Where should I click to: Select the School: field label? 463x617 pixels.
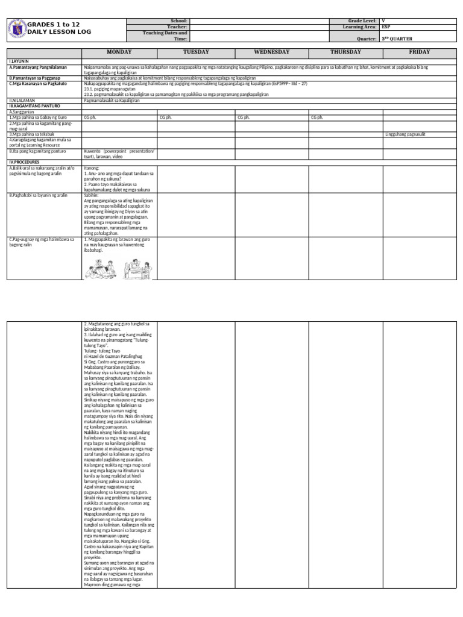pos(179,20)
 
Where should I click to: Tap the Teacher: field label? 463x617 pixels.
pos(177,27)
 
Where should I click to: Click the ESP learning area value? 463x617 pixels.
pos(386,27)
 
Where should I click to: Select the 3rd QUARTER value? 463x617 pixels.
pos(398,39)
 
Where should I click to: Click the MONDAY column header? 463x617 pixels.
pos(119,52)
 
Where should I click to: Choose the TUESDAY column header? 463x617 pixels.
pos(196,52)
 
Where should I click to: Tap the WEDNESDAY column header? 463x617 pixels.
pos(272,52)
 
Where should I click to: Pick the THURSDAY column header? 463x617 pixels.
pos(345,52)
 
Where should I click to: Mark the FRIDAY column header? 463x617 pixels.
pos(420,52)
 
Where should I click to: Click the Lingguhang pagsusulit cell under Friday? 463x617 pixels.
pos(405,134)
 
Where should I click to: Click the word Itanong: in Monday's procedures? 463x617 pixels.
pos(92,168)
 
